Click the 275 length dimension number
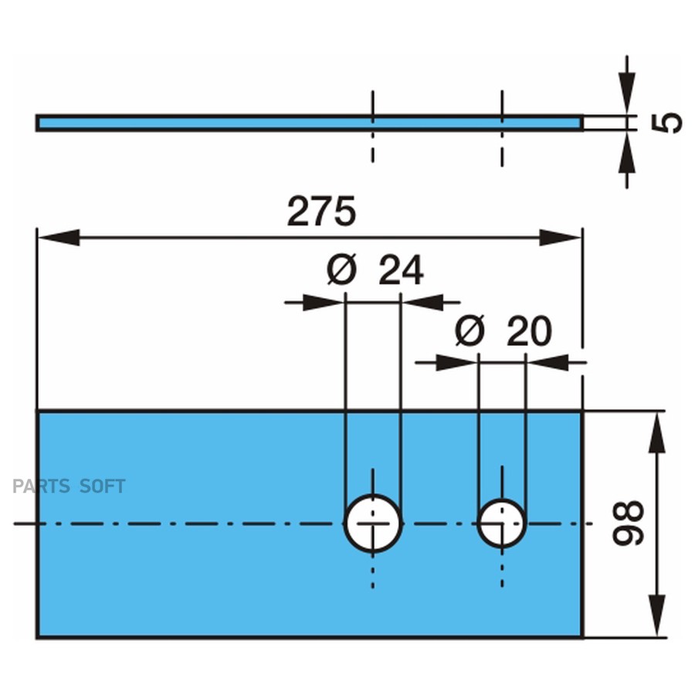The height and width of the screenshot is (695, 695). [x=321, y=212]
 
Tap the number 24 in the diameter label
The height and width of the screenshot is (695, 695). [x=401, y=271]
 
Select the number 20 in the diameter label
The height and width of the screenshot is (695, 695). [x=529, y=332]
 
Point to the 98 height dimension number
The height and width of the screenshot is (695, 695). [x=629, y=523]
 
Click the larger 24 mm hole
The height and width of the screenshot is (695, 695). [x=373, y=524]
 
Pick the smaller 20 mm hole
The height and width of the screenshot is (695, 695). [x=502, y=524]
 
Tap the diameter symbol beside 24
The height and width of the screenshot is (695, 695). [x=341, y=271]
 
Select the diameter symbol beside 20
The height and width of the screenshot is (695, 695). [x=470, y=332]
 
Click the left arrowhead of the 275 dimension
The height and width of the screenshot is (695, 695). [x=58, y=237]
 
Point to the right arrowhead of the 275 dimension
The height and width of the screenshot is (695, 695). [x=561, y=237]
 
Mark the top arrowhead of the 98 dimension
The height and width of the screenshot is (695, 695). [x=656, y=432]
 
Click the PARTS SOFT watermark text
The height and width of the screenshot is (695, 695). [x=69, y=486]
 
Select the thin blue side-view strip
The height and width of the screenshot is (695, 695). [x=232, y=123]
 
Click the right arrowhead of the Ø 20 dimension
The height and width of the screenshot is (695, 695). [x=548, y=362]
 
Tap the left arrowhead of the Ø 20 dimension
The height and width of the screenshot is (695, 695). [x=456, y=362]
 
